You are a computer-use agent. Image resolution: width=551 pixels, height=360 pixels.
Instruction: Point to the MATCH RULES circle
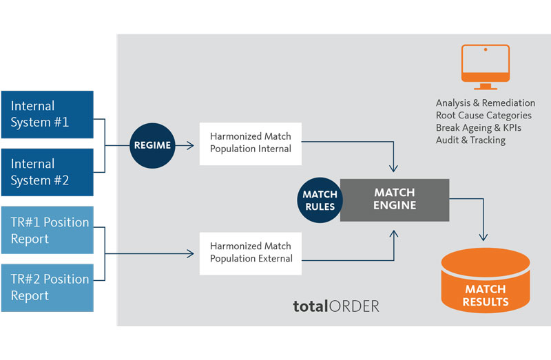click(x=320, y=200)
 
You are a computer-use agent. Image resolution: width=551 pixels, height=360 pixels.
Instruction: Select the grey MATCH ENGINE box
click(x=395, y=200)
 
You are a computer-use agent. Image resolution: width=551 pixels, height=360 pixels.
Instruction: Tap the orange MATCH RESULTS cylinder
click(x=486, y=282)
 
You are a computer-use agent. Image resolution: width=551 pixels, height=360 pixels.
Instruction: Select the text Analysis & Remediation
click(x=485, y=103)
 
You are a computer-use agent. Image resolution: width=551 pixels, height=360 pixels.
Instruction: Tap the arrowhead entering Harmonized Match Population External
click(x=190, y=253)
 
